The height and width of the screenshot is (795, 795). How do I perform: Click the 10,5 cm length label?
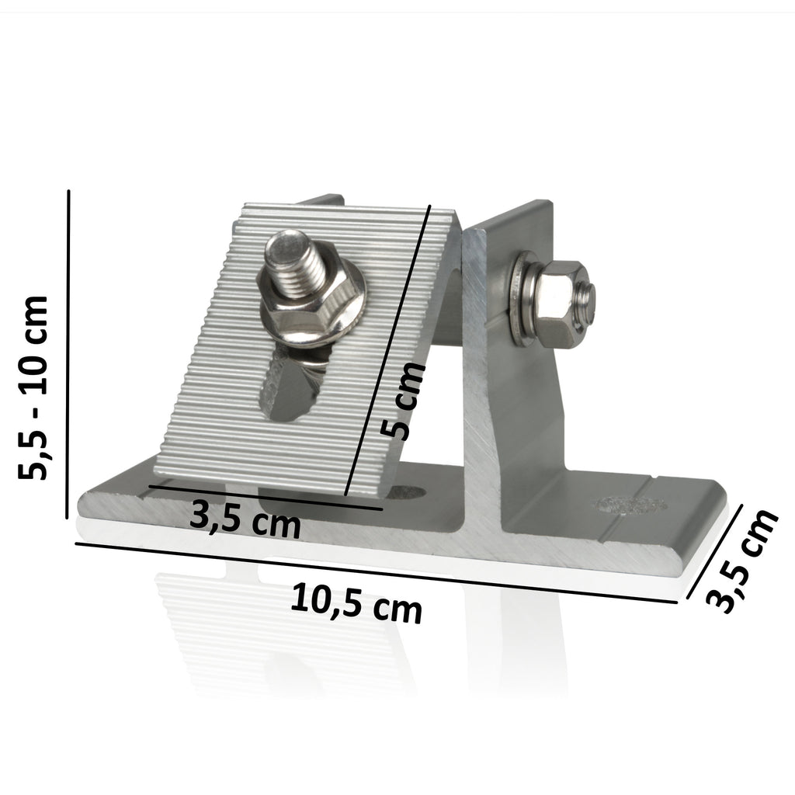click(x=356, y=605)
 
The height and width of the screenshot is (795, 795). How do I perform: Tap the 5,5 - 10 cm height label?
click(x=35, y=387)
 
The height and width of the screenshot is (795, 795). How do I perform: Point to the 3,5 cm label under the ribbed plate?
click(x=245, y=519)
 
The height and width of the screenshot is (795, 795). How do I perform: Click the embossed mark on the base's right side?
click(x=630, y=505)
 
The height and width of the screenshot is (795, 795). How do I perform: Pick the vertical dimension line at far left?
click(x=70, y=354)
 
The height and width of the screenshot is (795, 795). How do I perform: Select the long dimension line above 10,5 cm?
click(x=380, y=571)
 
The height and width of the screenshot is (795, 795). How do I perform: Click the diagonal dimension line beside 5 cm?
click(x=387, y=349)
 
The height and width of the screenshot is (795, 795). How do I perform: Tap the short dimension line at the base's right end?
click(x=716, y=552)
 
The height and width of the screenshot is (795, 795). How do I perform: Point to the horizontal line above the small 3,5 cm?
click(x=264, y=498)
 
